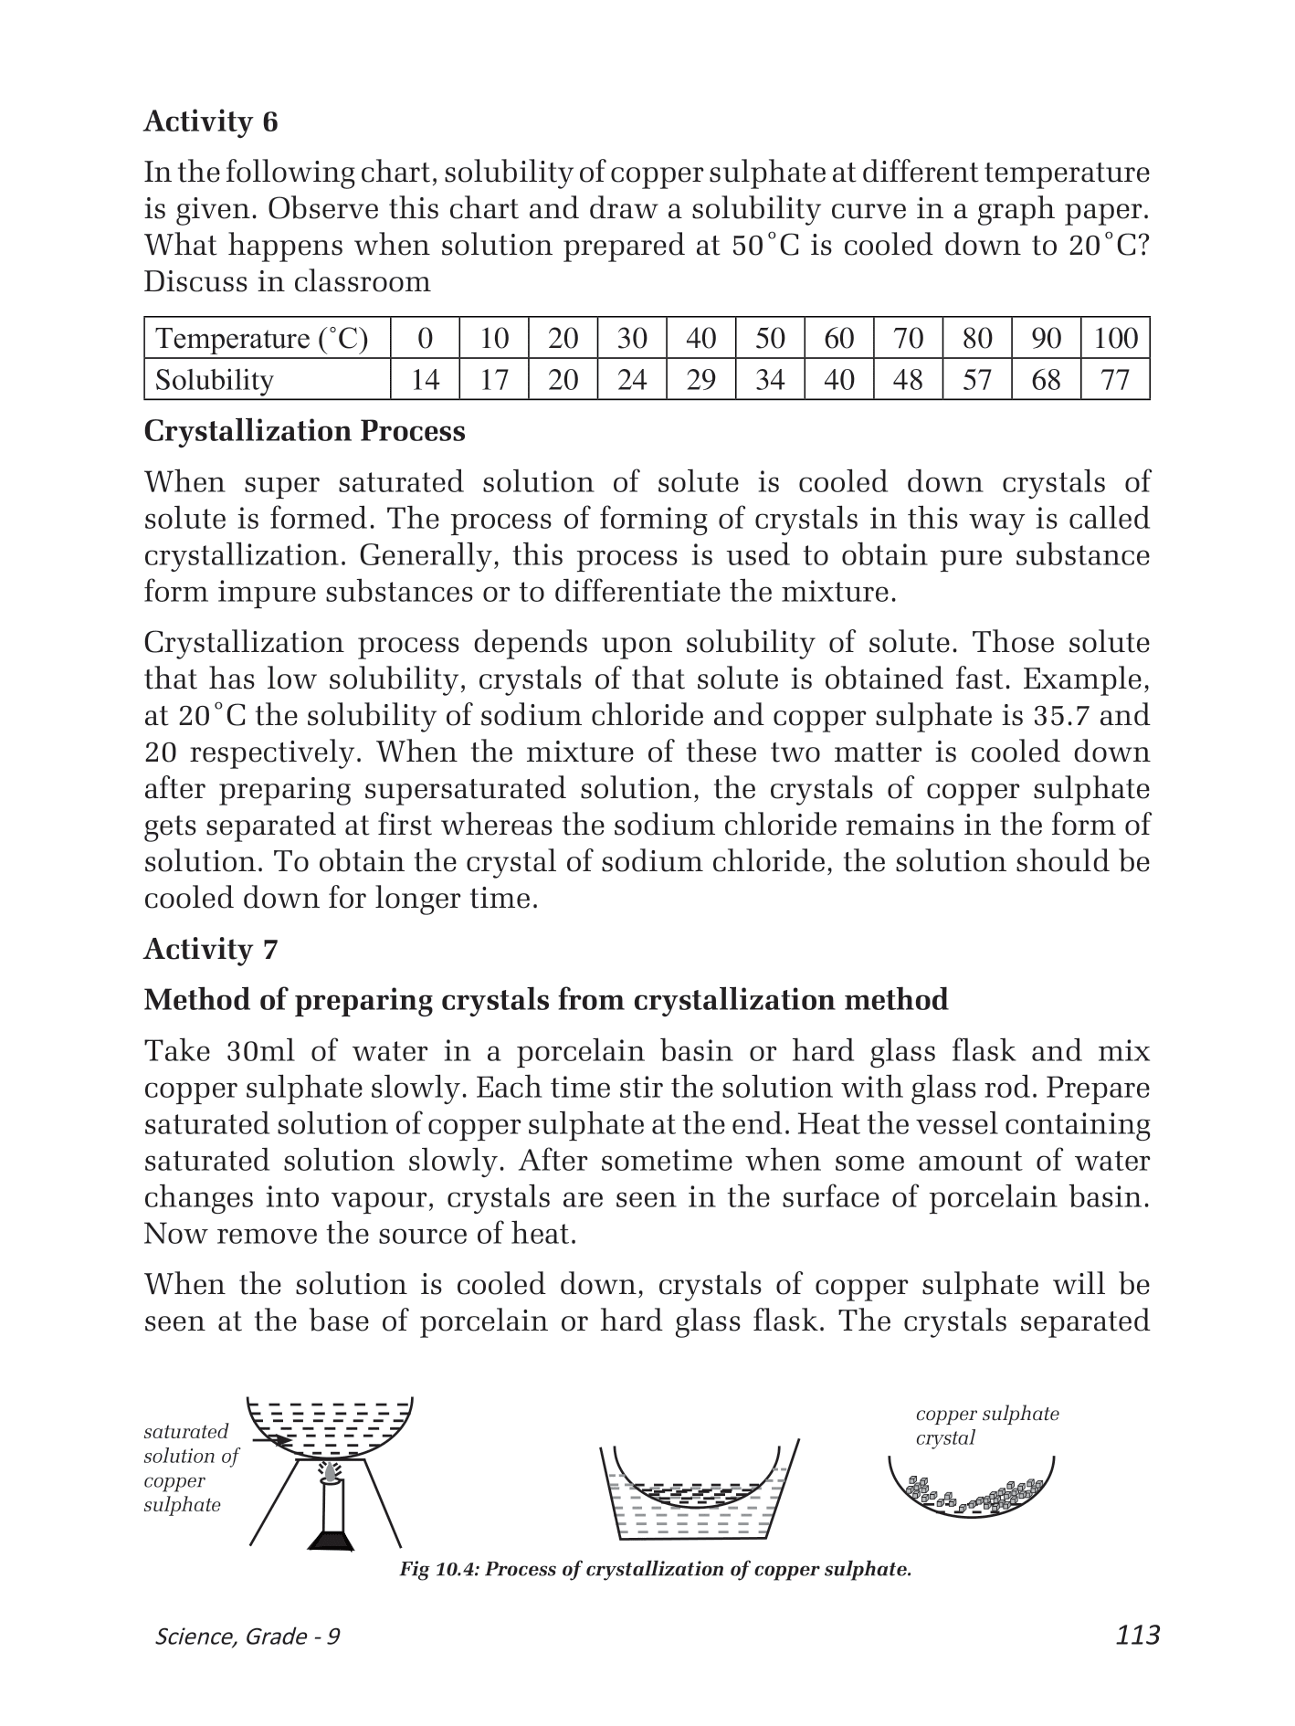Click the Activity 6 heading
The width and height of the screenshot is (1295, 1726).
211,121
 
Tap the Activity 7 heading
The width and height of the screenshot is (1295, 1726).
211,950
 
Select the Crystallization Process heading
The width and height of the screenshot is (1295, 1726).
305,431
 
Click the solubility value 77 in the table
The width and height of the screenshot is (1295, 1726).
1115,380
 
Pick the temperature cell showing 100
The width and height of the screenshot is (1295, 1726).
1115,339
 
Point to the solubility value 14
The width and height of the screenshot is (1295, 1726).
425,380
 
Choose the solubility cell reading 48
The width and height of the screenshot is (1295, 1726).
908,380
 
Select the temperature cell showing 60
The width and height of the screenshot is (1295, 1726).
838,339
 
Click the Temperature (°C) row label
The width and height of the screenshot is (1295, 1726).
262,339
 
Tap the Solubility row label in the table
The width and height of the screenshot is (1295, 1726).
215,380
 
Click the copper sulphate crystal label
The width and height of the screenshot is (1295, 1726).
987,1426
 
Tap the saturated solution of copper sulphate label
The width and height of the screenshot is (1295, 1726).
190,1468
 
